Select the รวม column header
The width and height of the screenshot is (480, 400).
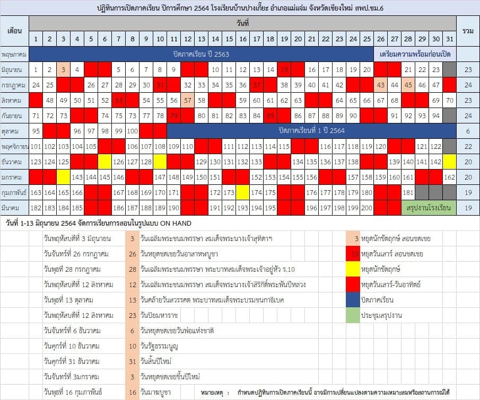point(468,31)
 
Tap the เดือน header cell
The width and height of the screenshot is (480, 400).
point(14,31)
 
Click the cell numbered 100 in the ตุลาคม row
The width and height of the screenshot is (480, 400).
point(132,131)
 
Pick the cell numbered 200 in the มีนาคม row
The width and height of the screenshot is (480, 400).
point(366,208)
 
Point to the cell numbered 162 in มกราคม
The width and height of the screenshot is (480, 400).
point(449,177)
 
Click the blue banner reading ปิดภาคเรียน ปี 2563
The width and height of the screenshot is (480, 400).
point(201,54)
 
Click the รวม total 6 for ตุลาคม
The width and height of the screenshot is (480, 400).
point(468,131)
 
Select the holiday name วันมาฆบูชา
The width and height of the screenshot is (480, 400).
point(156,393)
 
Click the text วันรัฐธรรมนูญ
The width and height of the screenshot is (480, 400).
point(159,346)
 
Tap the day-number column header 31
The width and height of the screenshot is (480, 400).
point(449,39)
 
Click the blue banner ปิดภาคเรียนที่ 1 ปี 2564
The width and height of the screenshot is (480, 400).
point(311,131)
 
